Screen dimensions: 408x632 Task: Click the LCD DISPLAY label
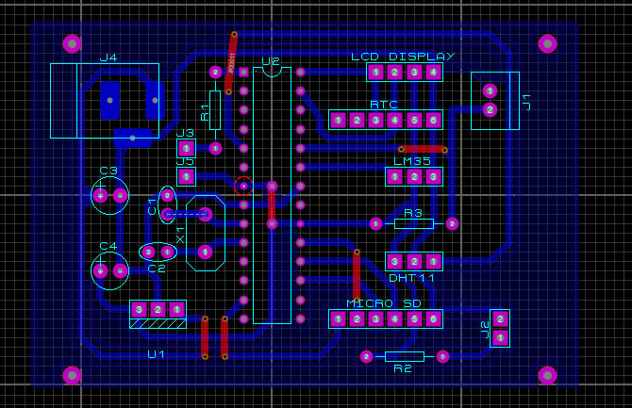pos(403,57)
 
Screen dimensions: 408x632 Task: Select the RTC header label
pos(384,105)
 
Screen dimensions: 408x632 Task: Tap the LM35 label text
pos(412,161)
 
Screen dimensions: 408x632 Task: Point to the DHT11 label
pos(412,278)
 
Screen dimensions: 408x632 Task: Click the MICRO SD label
pos(384,303)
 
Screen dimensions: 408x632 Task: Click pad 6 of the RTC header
pos(433,120)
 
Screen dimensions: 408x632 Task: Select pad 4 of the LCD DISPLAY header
pos(433,72)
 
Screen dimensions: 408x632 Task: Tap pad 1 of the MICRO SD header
pos(338,319)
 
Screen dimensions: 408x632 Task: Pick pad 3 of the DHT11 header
pos(395,261)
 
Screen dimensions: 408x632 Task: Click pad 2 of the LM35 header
pos(414,176)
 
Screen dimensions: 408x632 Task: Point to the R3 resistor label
pos(413,213)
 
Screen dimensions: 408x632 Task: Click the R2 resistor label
pos(403,368)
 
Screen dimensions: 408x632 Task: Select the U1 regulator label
pos(157,354)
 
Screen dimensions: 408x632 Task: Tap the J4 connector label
pos(108,57)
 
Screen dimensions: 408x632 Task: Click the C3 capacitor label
pos(108,171)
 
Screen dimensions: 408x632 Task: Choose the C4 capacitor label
pos(108,246)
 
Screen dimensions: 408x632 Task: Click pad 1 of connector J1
pos(490,91)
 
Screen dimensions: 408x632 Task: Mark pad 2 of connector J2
pos(500,318)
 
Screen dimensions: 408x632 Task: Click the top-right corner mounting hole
pos(547,43)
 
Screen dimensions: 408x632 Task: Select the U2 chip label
pos(272,60)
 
